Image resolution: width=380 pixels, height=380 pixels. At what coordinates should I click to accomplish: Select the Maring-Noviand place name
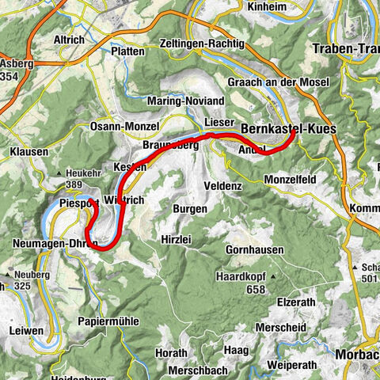click(186, 102)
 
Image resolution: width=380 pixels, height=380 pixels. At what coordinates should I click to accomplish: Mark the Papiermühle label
click(109, 321)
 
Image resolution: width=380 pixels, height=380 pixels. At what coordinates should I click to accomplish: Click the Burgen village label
click(190, 209)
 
